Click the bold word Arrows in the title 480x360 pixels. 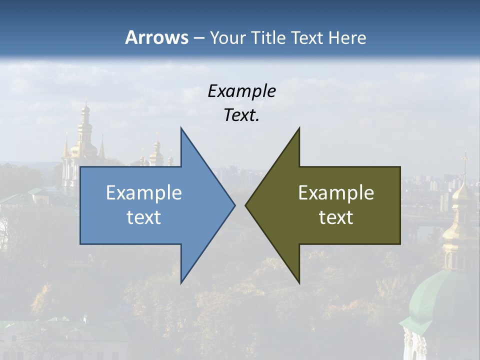coord(156,37)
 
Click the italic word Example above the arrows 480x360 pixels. coord(241,91)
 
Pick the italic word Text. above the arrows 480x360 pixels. coord(241,115)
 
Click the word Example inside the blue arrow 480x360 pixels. coord(143,192)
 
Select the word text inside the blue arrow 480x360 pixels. coord(143,217)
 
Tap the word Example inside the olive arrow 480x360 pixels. coord(336,192)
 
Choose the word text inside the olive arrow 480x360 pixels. coord(336,217)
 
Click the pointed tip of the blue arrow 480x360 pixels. coord(234,205)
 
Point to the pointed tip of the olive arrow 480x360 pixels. coord(246,205)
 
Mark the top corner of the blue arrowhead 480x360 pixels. coord(181,128)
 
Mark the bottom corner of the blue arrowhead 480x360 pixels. coord(181,282)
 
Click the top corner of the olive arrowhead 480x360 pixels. coord(299,128)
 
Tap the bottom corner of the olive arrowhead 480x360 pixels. coord(299,282)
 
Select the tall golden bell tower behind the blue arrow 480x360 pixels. coord(85,135)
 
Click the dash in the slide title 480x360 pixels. coord(198,38)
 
